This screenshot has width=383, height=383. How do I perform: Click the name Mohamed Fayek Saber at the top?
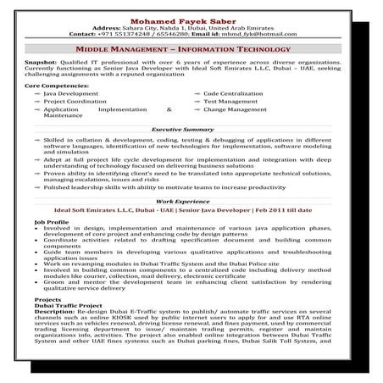click(x=191, y=20)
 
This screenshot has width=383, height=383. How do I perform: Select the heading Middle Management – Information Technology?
click(x=191, y=50)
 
